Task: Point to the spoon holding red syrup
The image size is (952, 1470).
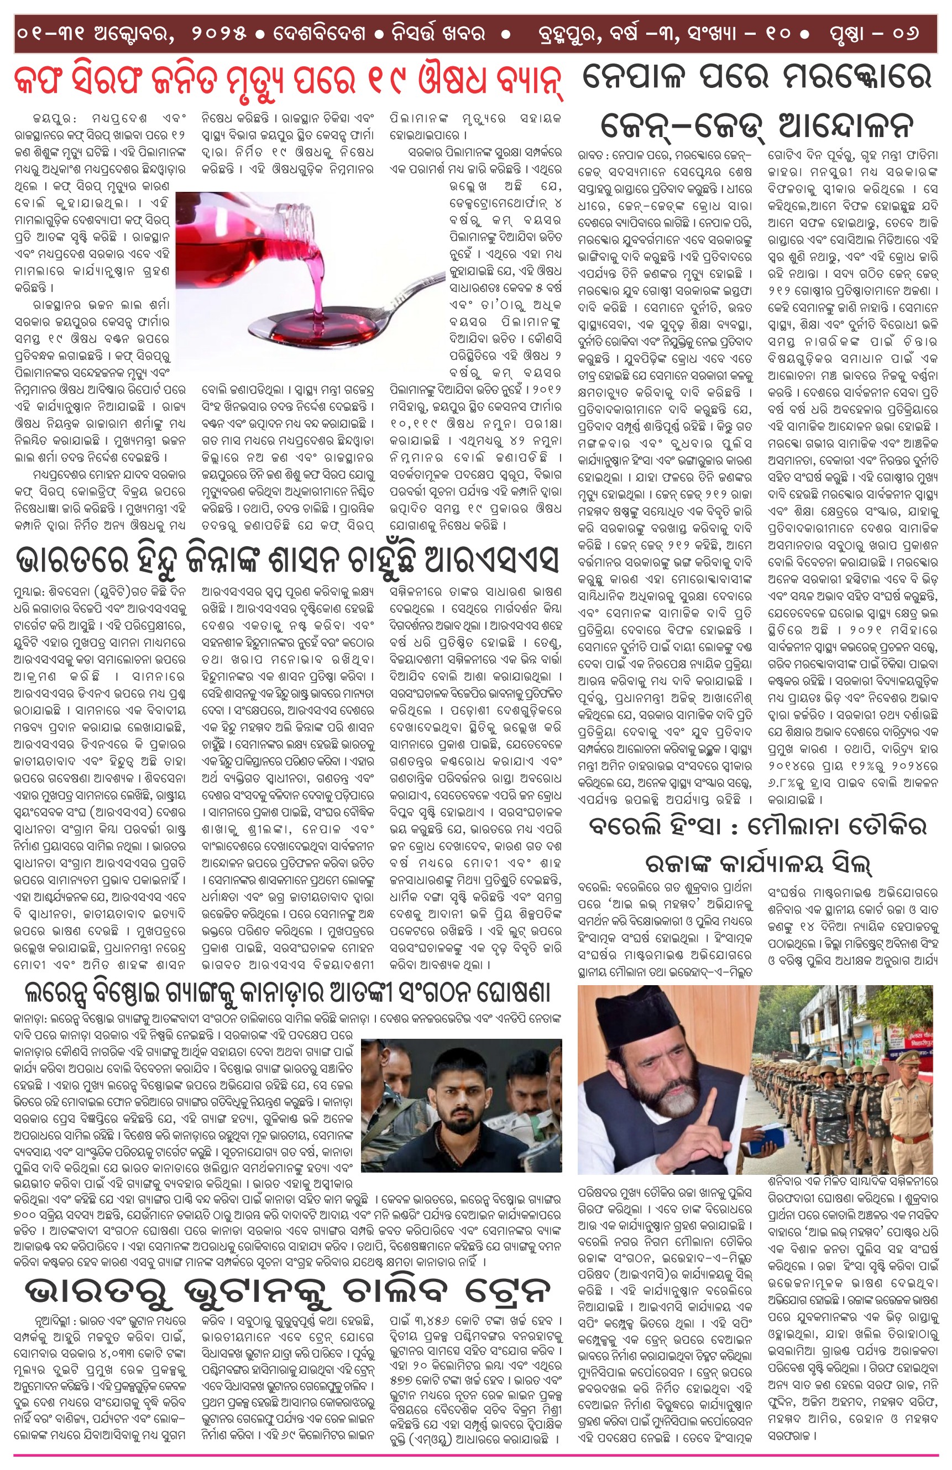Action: pos(327,321)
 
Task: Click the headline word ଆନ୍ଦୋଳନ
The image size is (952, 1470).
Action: pos(846,127)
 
